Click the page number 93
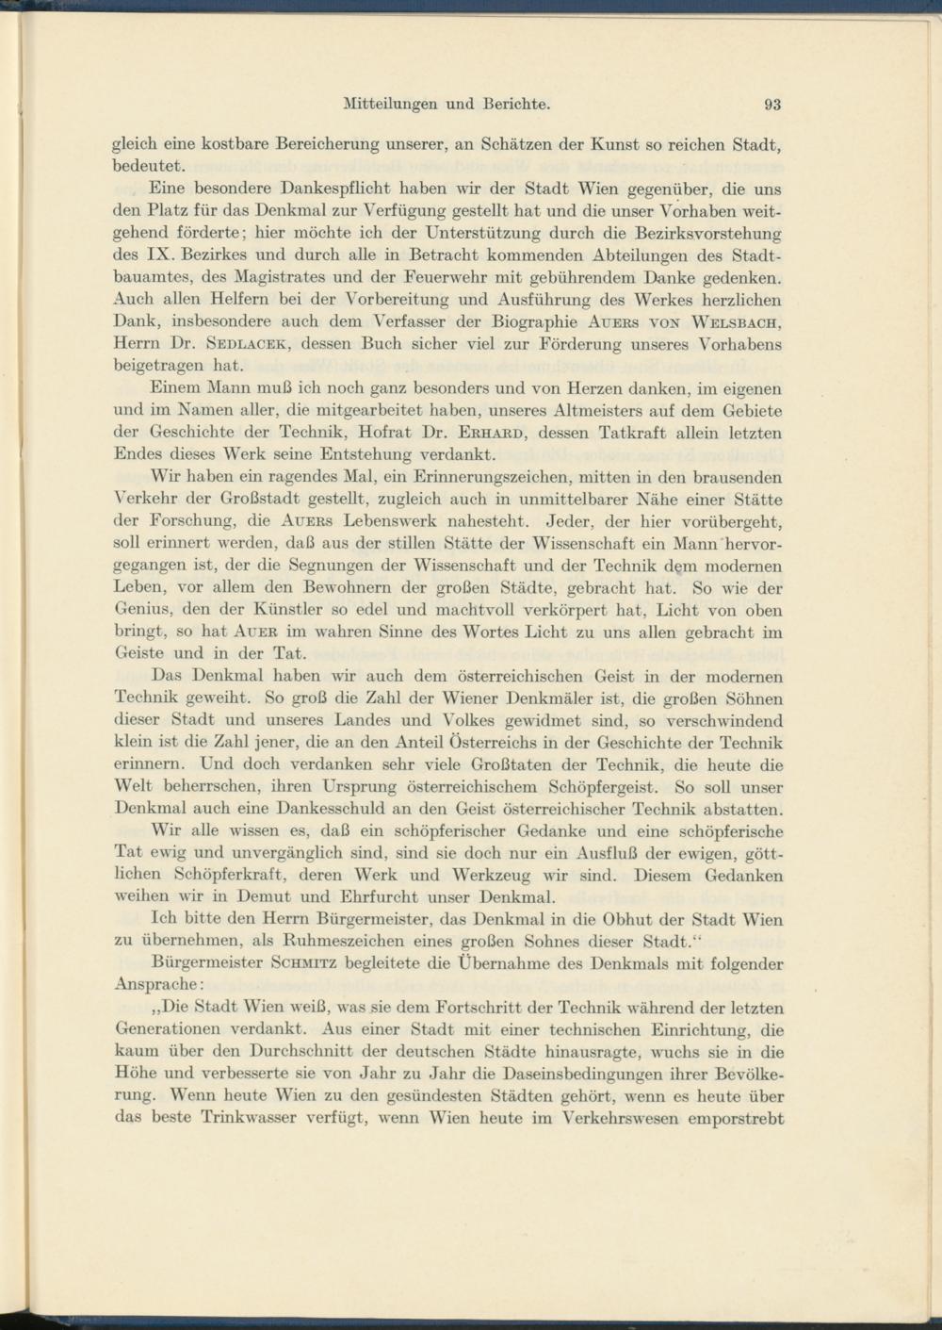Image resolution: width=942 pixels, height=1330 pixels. coord(773,105)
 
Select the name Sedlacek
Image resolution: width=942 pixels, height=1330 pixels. coord(239,345)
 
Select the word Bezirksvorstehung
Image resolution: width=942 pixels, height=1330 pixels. coord(703,233)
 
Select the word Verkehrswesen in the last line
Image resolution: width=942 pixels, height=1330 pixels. coord(622,1118)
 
